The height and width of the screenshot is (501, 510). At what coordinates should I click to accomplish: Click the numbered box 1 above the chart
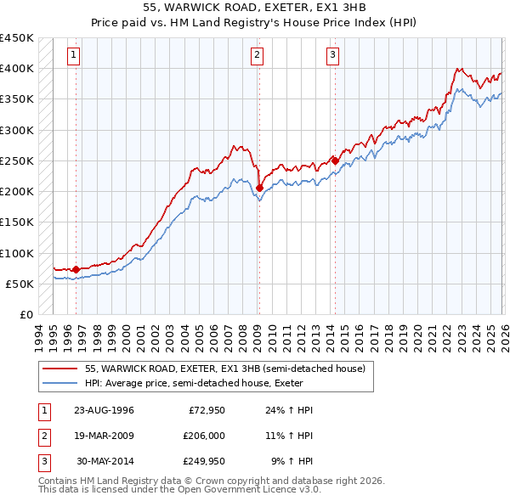[75, 55]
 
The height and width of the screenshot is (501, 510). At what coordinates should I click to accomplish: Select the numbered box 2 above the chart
[257, 55]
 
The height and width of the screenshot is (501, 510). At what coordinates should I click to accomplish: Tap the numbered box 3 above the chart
[332, 55]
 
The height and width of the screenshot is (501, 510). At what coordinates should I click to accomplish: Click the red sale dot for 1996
[76, 269]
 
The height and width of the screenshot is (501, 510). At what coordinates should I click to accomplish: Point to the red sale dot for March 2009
[258, 188]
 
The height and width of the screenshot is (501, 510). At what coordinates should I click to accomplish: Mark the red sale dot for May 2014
[335, 160]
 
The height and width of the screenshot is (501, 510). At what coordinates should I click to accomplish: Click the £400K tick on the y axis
[16, 69]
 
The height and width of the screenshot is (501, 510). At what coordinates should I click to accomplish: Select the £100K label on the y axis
[16, 253]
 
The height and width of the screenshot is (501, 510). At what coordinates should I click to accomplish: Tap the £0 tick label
[25, 314]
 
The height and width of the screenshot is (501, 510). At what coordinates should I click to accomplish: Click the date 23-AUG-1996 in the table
[104, 410]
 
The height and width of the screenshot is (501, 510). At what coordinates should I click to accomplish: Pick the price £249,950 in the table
[204, 462]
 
